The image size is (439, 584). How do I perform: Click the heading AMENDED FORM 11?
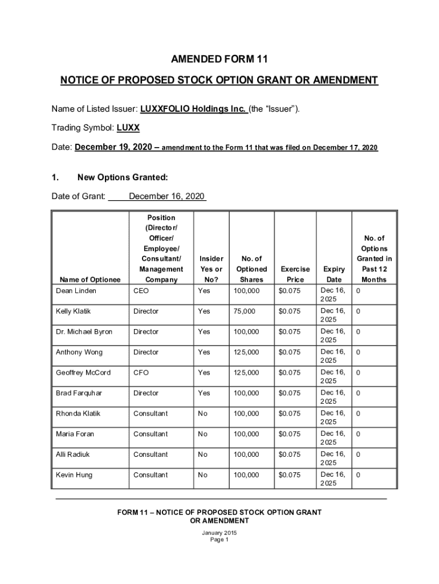(219, 59)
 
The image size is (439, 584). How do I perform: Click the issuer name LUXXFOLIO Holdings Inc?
(193, 108)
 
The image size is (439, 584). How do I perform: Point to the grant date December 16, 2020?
(166, 197)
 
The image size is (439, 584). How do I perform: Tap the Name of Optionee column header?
(88, 279)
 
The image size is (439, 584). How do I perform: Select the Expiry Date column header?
(334, 274)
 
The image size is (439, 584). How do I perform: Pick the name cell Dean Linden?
(76, 291)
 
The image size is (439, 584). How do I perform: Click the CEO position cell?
(141, 291)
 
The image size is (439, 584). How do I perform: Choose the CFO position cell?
(141, 373)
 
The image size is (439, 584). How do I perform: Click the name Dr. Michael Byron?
(84, 332)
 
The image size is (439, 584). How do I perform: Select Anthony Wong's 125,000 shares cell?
(246, 352)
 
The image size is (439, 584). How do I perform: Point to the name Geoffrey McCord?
(83, 373)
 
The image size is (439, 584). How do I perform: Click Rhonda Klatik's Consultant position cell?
(151, 413)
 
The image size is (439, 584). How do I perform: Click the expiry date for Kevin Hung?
(333, 479)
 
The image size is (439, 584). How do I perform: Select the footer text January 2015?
(219, 533)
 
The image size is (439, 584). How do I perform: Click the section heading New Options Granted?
(122, 177)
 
